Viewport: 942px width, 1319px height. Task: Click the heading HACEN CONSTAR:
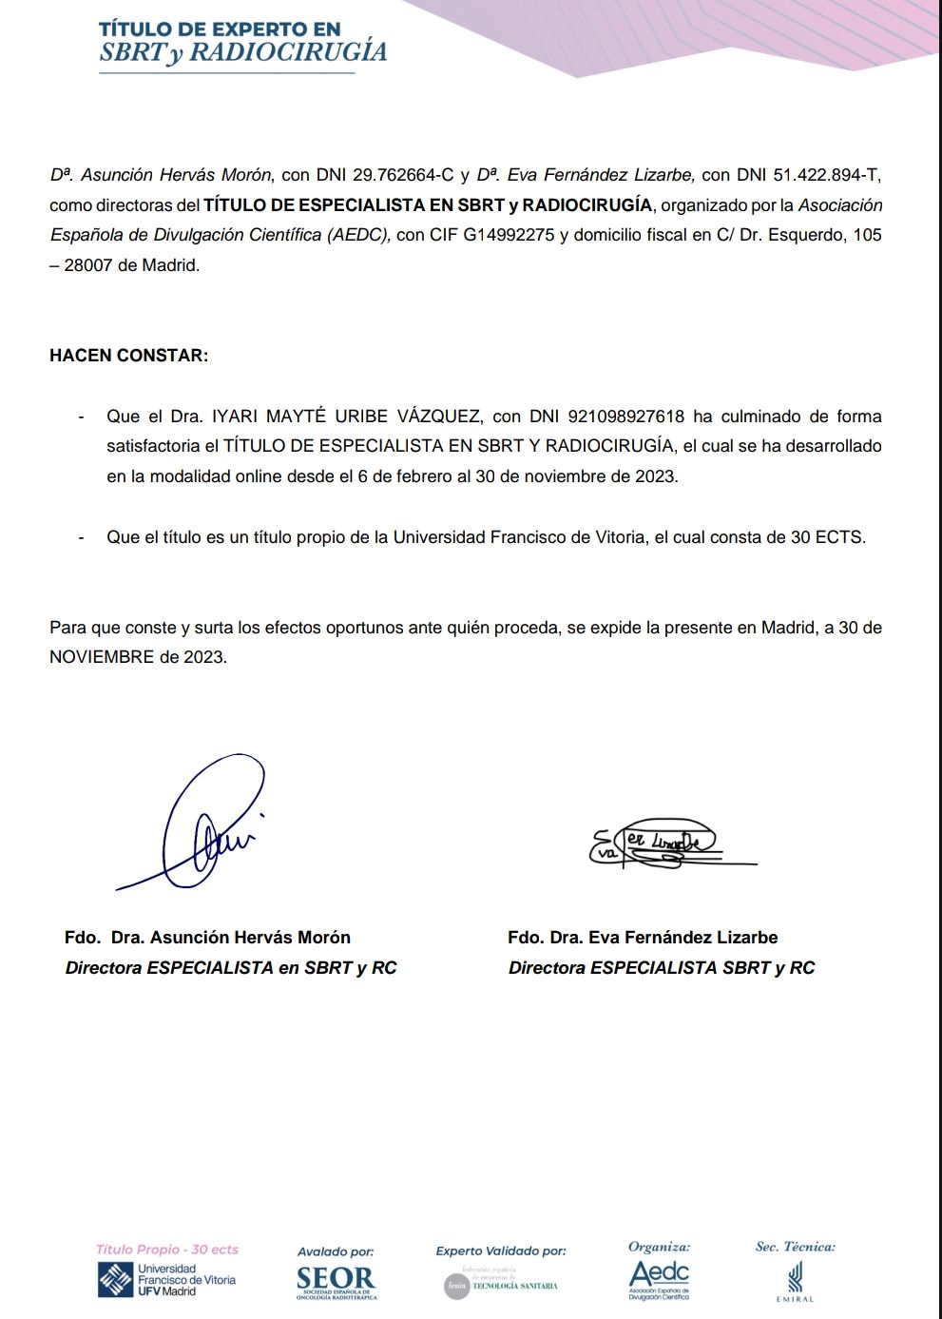pyautogui.click(x=128, y=356)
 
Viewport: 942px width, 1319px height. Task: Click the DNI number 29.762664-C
pyautogui.click(x=403, y=175)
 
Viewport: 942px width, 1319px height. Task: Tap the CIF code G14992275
pyautogui.click(x=509, y=235)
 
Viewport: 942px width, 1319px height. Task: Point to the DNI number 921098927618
pyautogui.click(x=625, y=417)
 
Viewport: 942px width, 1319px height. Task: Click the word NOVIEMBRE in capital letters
pyautogui.click(x=102, y=657)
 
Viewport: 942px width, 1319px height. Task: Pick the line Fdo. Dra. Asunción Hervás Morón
pyautogui.click(x=207, y=938)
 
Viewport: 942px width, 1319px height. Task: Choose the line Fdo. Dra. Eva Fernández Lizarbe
pyautogui.click(x=643, y=938)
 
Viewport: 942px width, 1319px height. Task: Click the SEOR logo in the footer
pyautogui.click(x=336, y=1280)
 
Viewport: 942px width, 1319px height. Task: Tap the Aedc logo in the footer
pyautogui.click(x=659, y=1277)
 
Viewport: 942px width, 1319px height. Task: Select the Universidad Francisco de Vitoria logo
pyautogui.click(x=167, y=1280)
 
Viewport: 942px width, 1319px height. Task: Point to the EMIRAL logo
pyautogui.click(x=795, y=1279)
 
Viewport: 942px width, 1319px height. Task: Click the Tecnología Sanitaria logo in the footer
pyautogui.click(x=501, y=1285)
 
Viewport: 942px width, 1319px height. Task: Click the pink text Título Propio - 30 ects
pyautogui.click(x=167, y=1250)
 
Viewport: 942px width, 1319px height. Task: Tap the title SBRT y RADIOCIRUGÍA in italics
pyautogui.click(x=243, y=53)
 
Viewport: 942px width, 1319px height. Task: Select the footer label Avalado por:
pyautogui.click(x=336, y=1251)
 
